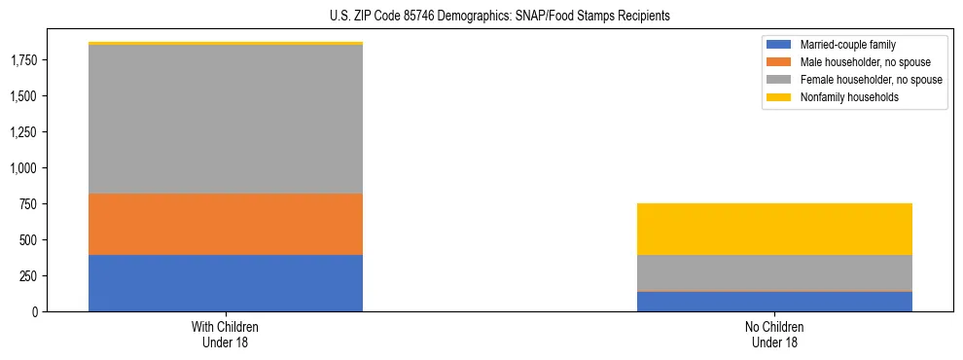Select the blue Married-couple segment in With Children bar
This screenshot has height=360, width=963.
226,283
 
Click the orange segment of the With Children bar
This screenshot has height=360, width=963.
226,224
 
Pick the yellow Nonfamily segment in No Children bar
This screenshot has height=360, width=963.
774,229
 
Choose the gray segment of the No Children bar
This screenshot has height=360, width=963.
774,272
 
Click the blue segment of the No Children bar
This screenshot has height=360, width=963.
774,302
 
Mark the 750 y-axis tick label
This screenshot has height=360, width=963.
27,204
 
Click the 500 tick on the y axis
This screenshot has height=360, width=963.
27,240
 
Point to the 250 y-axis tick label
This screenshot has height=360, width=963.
27,276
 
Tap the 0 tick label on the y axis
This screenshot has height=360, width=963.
34,312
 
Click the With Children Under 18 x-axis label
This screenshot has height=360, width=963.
226,334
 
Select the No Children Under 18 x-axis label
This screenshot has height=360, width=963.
774,334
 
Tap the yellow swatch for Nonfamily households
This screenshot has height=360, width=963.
779,97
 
